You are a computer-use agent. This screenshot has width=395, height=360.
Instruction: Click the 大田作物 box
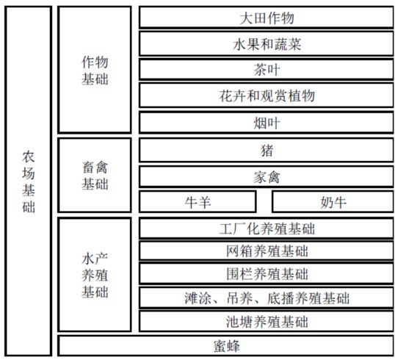tap(267, 18)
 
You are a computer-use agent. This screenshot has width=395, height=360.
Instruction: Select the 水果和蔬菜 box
tap(267, 44)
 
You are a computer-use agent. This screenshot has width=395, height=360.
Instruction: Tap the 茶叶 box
tap(267, 69)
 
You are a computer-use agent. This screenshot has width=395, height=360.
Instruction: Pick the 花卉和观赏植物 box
tap(267, 96)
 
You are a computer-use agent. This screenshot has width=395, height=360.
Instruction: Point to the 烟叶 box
tap(267, 123)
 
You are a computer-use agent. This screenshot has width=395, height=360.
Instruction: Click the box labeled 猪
tap(267, 151)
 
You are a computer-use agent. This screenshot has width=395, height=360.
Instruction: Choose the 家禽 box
tap(267, 177)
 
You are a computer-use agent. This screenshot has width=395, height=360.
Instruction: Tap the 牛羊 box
tap(197, 202)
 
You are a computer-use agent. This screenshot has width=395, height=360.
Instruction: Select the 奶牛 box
tap(333, 202)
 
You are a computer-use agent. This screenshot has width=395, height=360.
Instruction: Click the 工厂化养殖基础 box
tap(267, 228)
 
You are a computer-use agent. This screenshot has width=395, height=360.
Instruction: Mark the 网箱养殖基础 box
tap(267, 251)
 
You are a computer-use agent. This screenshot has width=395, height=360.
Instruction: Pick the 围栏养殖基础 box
tap(267, 274)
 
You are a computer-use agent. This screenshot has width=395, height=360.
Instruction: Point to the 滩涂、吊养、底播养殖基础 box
tap(267, 298)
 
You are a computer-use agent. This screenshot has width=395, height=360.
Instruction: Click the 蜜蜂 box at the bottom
tap(225, 345)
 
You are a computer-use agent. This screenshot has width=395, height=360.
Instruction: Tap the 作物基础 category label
tap(95, 71)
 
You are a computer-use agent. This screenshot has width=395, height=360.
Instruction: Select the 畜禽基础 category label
tap(95, 176)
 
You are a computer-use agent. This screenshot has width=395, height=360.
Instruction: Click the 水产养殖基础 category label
tap(95, 276)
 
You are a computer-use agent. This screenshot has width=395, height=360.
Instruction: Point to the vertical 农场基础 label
tap(29, 181)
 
